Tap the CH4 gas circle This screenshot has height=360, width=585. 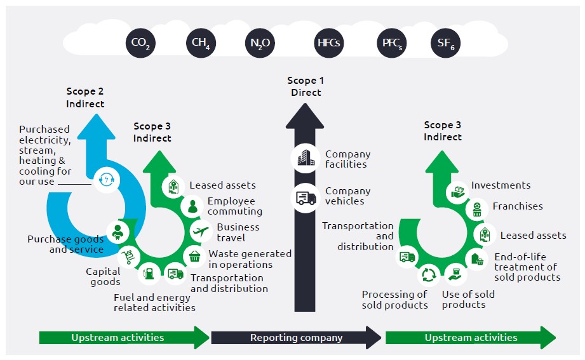point(201,44)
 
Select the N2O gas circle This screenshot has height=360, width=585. point(260,44)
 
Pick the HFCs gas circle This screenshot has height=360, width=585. point(329,44)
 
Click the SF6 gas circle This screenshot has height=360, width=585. point(446,44)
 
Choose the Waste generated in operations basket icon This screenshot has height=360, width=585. point(194,257)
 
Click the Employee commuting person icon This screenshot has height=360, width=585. point(191,206)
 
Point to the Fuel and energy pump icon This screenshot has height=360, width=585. point(149,274)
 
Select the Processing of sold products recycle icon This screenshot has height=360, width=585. point(428,276)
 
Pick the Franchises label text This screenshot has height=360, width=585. point(517,206)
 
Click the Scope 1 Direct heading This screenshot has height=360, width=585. point(306,86)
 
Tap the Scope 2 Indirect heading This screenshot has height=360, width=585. point(85,98)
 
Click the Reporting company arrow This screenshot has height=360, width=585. point(296,338)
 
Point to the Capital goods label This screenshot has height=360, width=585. point(103,277)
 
